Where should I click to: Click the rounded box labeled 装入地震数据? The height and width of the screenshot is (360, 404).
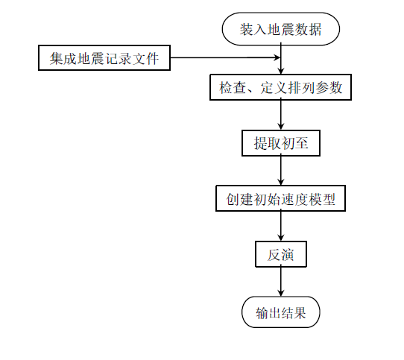[x=280, y=30]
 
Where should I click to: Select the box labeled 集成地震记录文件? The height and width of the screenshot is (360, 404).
[x=104, y=57]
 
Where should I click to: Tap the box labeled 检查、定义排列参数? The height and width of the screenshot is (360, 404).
[x=280, y=87]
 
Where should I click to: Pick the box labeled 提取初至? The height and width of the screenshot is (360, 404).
[x=280, y=143]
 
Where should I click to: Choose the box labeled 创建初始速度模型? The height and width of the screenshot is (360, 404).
[x=280, y=199]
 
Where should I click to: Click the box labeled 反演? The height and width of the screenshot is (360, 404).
[x=280, y=254]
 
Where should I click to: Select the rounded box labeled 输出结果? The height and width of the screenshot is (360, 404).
[x=280, y=312]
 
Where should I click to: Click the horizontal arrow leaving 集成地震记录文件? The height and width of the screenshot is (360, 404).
[x=224, y=57]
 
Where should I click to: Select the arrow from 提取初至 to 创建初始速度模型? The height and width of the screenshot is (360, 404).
[x=280, y=171]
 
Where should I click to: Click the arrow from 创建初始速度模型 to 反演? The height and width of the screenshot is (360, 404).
[x=280, y=227]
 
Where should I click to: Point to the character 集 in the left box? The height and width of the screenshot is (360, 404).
[x=57, y=57]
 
